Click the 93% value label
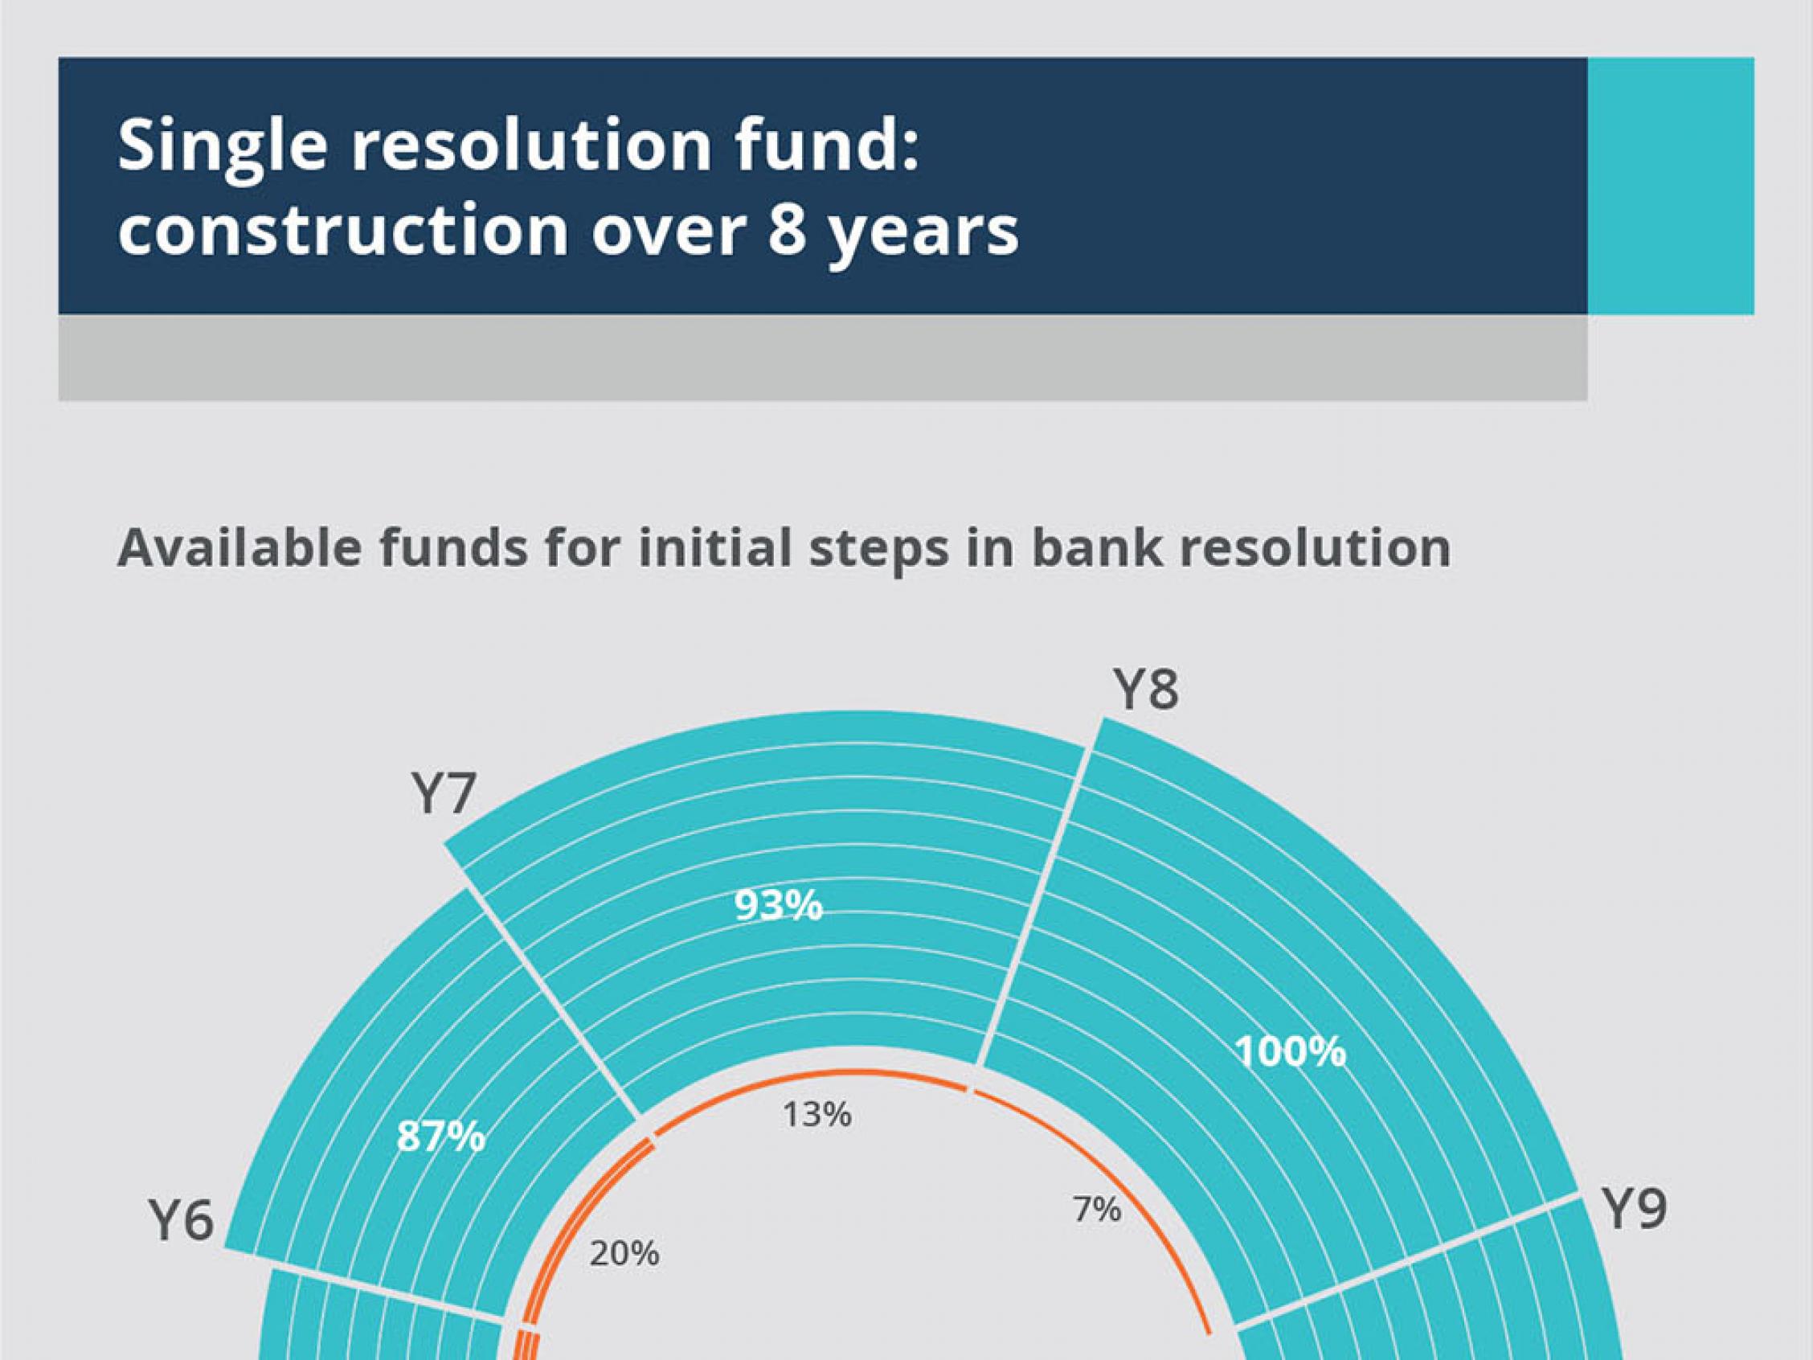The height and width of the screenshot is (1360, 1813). (x=779, y=906)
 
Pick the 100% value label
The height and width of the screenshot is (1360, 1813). (x=1291, y=1052)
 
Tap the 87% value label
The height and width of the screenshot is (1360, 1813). (x=441, y=1137)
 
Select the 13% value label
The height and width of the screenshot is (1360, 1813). (x=817, y=1115)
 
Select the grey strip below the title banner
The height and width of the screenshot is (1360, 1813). (x=823, y=358)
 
